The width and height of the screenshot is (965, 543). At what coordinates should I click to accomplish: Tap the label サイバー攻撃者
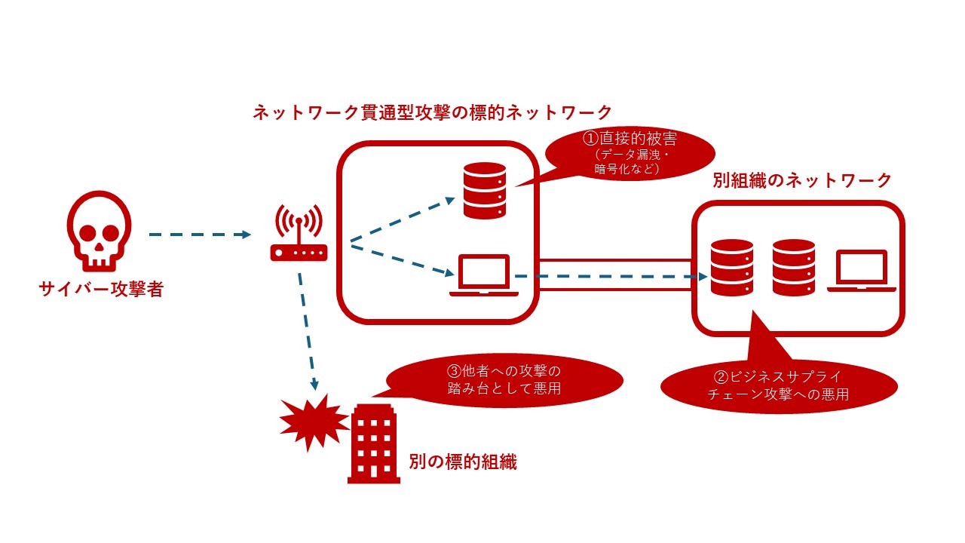tap(101, 289)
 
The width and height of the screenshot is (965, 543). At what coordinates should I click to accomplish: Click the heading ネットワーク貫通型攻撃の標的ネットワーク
tap(432, 113)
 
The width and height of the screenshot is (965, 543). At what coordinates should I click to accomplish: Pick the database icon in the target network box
tap(484, 190)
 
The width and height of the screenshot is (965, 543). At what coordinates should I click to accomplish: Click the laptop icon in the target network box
tap(484, 276)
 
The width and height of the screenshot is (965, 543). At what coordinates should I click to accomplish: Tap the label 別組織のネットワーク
tap(802, 180)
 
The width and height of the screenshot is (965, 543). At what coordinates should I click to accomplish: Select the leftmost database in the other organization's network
tap(732, 267)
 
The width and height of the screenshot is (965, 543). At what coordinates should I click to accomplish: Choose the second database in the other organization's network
tap(794, 267)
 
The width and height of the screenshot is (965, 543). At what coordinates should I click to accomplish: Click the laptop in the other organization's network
tap(861, 271)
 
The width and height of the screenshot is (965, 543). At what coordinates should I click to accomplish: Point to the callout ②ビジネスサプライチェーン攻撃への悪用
tap(780, 385)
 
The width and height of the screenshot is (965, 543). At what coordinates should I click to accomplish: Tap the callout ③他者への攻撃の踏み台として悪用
tap(504, 379)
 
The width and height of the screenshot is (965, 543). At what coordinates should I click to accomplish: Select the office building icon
tap(374, 441)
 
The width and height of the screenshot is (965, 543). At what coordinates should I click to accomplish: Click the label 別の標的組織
tap(463, 462)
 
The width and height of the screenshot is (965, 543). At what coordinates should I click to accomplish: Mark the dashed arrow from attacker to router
tap(199, 235)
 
